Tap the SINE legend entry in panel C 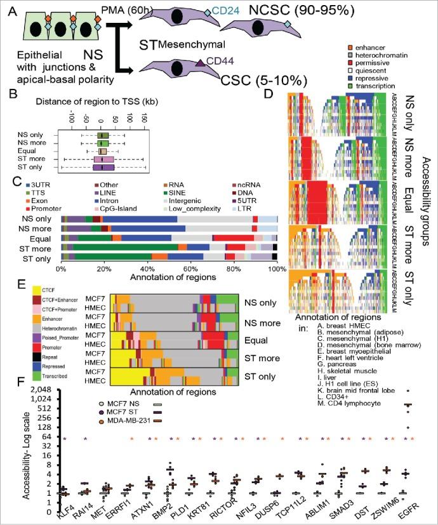tap(201, 201)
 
